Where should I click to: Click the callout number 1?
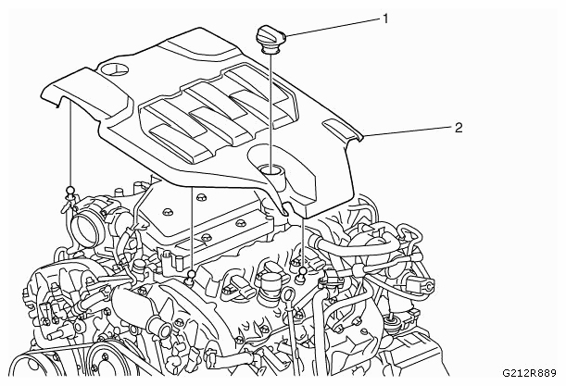click(385, 19)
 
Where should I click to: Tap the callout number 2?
click(458, 128)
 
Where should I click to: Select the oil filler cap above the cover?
click(270, 40)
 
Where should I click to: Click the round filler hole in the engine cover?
click(271, 169)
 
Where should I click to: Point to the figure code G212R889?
click(530, 373)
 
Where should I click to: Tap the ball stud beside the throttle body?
click(70, 192)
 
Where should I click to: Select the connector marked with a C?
click(427, 286)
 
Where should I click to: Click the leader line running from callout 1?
click(333, 27)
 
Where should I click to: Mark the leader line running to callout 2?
click(408, 131)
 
